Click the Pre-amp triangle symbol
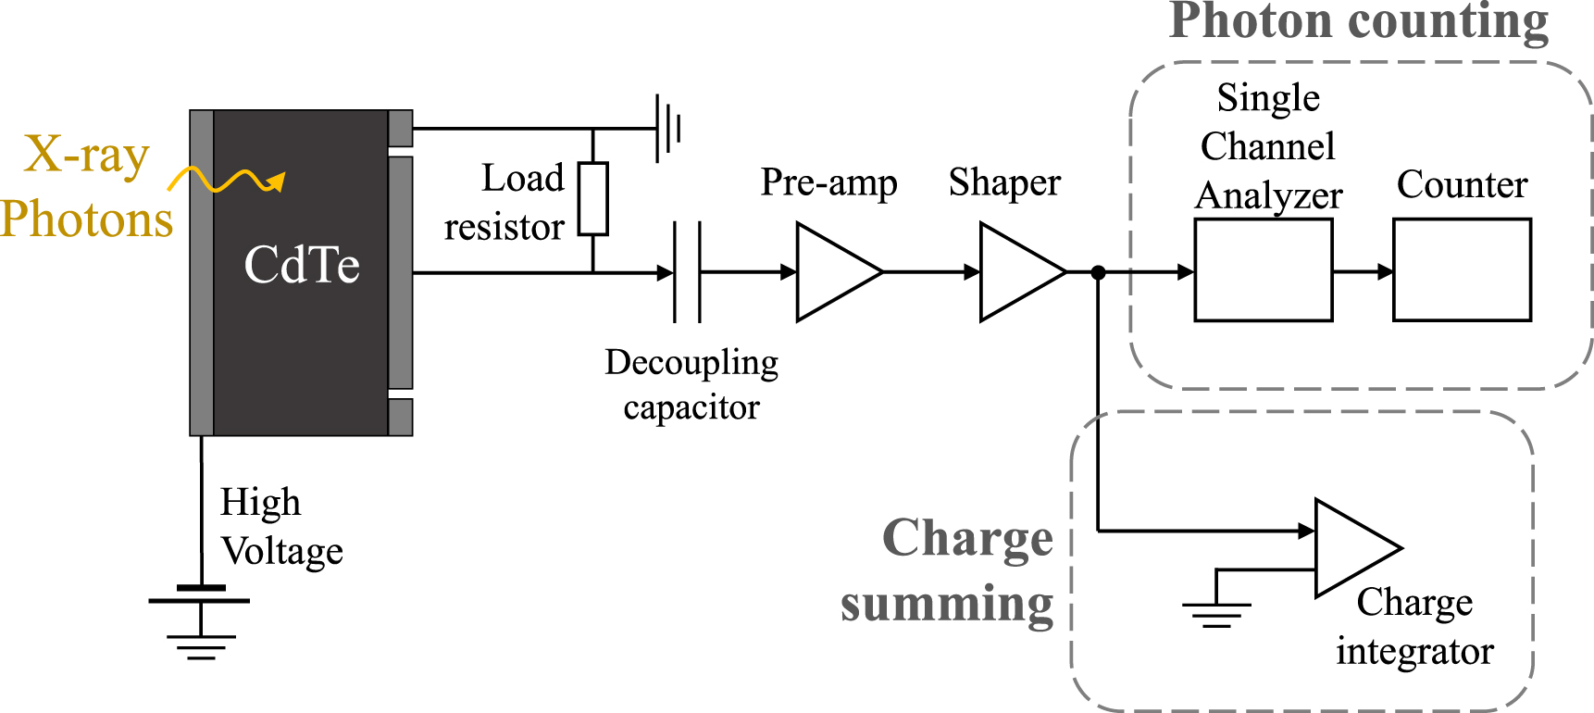click(833, 272)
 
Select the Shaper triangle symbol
click(1016, 272)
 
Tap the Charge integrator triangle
click(1351, 548)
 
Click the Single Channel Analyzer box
click(1264, 270)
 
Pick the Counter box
click(1462, 270)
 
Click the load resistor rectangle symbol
click(593, 198)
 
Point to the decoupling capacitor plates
click(687, 272)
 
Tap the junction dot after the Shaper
click(1098, 272)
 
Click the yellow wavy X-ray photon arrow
click(228, 180)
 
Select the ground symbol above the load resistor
click(668, 129)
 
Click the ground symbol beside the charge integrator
click(1216, 612)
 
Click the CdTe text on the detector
click(302, 266)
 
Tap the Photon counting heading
click(1358, 22)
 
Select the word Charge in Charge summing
click(967, 539)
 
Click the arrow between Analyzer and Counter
click(1363, 272)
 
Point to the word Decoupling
click(691, 363)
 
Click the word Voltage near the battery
click(282, 552)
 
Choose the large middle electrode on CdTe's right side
click(401, 272)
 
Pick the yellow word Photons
click(86, 220)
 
